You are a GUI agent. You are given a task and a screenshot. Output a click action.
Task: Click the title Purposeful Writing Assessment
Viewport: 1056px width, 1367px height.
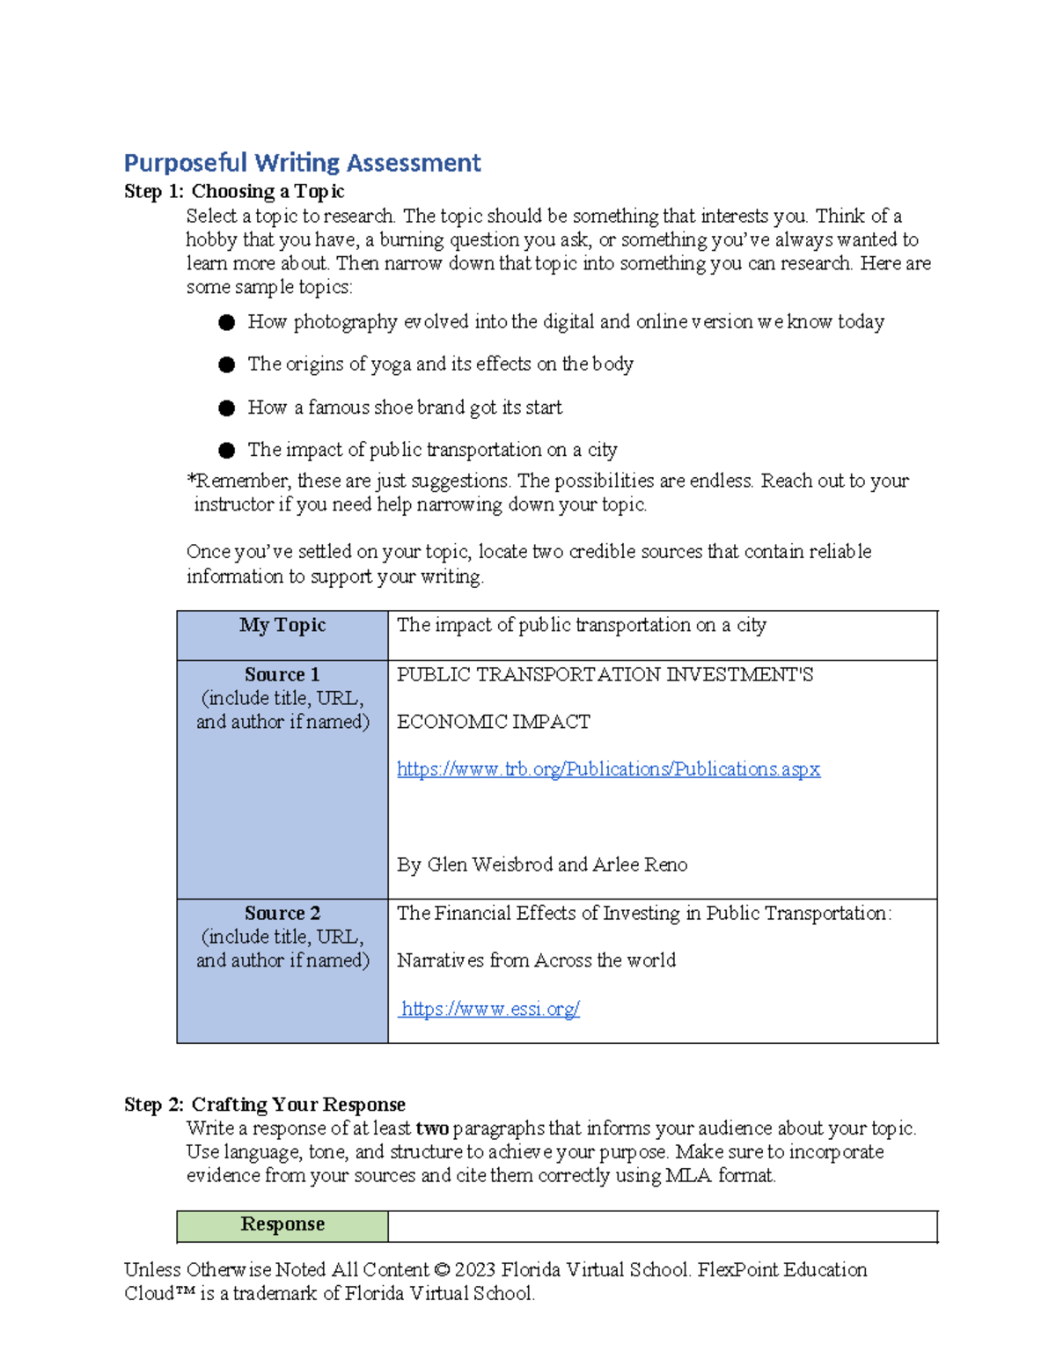302,163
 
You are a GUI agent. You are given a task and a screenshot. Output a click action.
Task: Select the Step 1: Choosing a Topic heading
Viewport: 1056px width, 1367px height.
234,191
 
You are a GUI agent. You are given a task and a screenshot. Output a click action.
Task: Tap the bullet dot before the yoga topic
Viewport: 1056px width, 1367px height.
227,364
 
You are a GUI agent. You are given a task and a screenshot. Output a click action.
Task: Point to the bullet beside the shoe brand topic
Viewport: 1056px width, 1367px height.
227,408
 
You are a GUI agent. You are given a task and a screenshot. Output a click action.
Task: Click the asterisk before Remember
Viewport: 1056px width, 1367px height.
190,480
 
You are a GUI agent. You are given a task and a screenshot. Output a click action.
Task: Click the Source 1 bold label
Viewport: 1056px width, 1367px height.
282,674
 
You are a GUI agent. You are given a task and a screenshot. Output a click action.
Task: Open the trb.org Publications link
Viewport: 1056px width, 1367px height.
608,769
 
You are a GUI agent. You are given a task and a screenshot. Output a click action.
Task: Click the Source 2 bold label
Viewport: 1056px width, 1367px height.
282,913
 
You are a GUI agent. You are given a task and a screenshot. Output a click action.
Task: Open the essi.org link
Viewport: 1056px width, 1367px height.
490,1009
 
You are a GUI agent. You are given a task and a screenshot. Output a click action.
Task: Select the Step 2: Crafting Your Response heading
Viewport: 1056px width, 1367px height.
265,1104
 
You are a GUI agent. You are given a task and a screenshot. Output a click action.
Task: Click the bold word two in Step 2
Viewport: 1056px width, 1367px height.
432,1128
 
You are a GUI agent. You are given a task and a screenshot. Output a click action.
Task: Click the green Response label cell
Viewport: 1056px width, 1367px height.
282,1224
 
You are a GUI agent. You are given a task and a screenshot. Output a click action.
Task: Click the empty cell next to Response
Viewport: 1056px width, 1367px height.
662,1225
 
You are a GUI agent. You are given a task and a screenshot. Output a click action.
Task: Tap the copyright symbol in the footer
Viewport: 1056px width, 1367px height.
442,1270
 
